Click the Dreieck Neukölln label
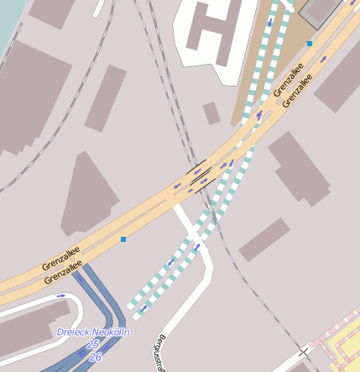93,333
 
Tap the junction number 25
93,344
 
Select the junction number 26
95,357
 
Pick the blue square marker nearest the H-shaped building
310,43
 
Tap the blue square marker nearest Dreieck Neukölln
123,240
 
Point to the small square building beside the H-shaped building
211,113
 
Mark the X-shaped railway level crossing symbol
302,351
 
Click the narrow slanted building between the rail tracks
105,97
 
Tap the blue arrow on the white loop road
60,296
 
